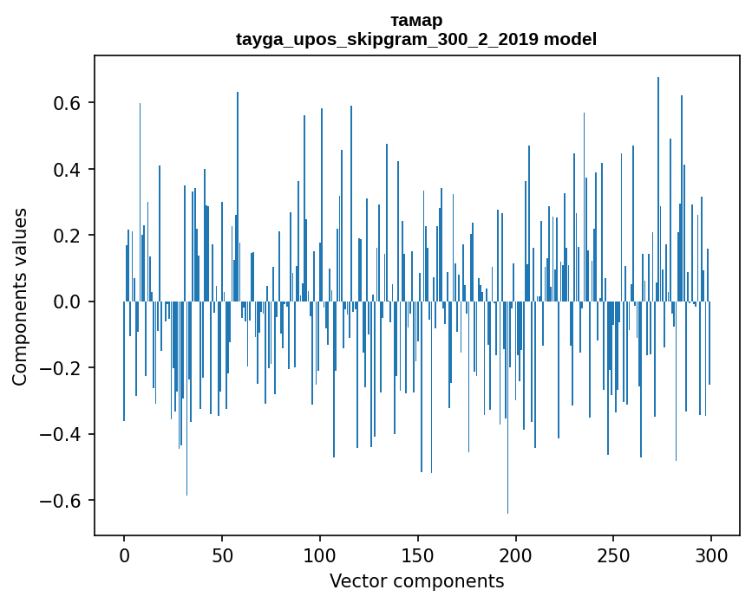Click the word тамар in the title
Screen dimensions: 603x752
[x=416, y=20]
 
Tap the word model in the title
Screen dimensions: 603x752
[x=570, y=39]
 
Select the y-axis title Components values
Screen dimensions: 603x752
[x=20, y=296]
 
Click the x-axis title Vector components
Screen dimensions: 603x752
[x=416, y=580]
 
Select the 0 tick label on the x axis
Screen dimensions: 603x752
[x=124, y=554]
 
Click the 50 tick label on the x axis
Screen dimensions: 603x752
[x=222, y=554]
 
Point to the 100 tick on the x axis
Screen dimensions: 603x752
[x=320, y=554]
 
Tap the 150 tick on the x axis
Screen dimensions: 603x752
[x=418, y=554]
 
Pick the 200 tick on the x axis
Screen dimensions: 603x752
[x=516, y=554]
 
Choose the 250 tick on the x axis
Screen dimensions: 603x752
[x=614, y=554]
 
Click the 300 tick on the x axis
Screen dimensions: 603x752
[x=712, y=554]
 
